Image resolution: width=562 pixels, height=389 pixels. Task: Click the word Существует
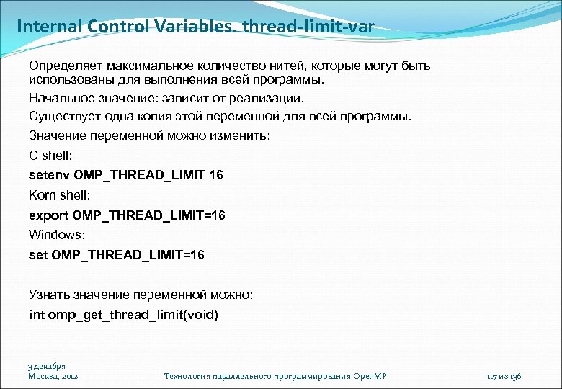tap(62, 117)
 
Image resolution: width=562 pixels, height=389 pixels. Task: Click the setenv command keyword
tap(49, 175)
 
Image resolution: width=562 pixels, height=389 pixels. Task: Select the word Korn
tap(42, 194)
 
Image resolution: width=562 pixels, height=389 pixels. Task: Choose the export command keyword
tap(48, 215)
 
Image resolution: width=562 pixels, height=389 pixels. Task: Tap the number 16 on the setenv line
tap(215, 175)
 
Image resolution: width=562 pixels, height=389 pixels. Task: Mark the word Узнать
tap(48, 294)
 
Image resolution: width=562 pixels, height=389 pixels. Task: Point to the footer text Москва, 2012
tap(53, 376)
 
